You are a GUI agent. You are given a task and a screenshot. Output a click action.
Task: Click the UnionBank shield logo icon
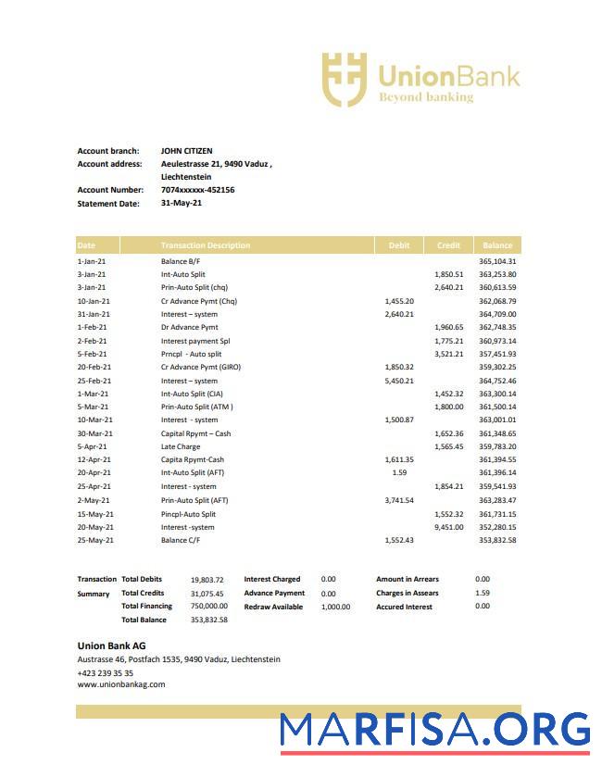pyautogui.click(x=344, y=79)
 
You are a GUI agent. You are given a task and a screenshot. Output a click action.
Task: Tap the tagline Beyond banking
pyautogui.click(x=426, y=96)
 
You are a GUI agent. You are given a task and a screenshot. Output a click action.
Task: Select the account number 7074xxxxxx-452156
pyautogui.click(x=197, y=190)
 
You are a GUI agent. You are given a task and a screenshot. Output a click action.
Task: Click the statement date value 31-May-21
pyautogui.click(x=181, y=203)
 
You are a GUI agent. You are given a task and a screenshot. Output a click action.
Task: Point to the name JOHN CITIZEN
pyautogui.click(x=186, y=151)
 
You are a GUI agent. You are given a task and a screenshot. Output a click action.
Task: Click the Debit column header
pyautogui.click(x=398, y=245)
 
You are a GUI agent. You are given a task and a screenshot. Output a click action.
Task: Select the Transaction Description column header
pyautogui.click(x=205, y=245)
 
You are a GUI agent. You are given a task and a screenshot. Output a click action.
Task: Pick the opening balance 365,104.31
pyautogui.click(x=497, y=261)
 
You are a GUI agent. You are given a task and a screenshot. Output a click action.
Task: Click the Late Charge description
pyautogui.click(x=180, y=446)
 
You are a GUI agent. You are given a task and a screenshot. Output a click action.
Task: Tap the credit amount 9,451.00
pyautogui.click(x=448, y=527)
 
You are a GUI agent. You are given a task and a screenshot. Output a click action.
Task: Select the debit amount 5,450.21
pyautogui.click(x=399, y=381)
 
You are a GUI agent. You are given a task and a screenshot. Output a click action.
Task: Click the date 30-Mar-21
pyautogui.click(x=94, y=433)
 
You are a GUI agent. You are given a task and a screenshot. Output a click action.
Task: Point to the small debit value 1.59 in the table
pyautogui.click(x=399, y=473)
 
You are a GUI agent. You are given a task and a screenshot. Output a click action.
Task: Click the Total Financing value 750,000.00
pyautogui.click(x=208, y=607)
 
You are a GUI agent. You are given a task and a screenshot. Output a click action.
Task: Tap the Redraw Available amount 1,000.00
pyautogui.click(x=335, y=607)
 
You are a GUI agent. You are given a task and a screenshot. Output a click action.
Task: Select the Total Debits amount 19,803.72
pyautogui.click(x=207, y=580)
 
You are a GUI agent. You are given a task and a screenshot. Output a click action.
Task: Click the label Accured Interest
pyautogui.click(x=404, y=607)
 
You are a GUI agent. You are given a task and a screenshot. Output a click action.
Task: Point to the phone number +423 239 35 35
pyautogui.click(x=105, y=673)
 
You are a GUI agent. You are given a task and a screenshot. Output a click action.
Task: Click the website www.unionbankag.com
pyautogui.click(x=120, y=685)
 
